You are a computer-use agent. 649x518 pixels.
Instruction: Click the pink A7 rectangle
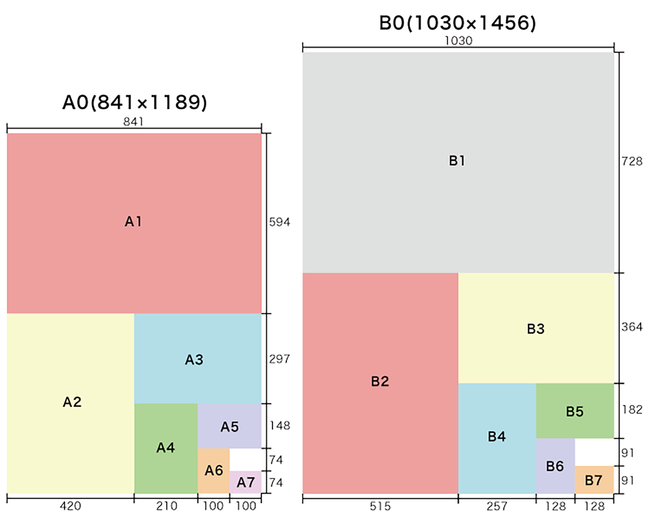pos(245,482)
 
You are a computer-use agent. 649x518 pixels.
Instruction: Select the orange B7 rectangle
pos(594,480)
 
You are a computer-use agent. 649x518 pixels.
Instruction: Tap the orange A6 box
pos(214,470)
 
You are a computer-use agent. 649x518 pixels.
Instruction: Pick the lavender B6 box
pos(555,466)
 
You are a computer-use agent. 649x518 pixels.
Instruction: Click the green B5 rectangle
pos(575,411)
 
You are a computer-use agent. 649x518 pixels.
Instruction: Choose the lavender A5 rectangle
pos(230,426)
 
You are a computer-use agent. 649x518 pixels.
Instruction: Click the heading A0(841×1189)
pos(135,102)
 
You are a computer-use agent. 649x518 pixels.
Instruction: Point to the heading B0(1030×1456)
pos(458,23)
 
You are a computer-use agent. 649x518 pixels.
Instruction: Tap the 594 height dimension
pos(279,222)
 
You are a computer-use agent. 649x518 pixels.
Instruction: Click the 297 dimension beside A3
pos(279,359)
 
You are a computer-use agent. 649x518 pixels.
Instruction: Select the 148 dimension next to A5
pos(280,425)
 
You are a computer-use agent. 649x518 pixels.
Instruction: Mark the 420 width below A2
pos(70,506)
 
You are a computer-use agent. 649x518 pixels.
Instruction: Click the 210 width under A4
pos(166,506)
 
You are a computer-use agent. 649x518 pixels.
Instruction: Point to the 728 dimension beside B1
pos(632,161)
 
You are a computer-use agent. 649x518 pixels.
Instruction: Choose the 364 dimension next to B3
pos(632,327)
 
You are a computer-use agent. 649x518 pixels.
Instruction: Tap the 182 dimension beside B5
pos(632,409)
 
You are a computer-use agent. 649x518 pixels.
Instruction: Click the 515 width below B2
pos(380,506)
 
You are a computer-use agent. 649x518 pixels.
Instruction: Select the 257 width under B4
pos(497,506)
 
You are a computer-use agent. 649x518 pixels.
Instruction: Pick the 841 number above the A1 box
pos(133,121)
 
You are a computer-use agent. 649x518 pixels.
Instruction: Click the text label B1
pos(457,160)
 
